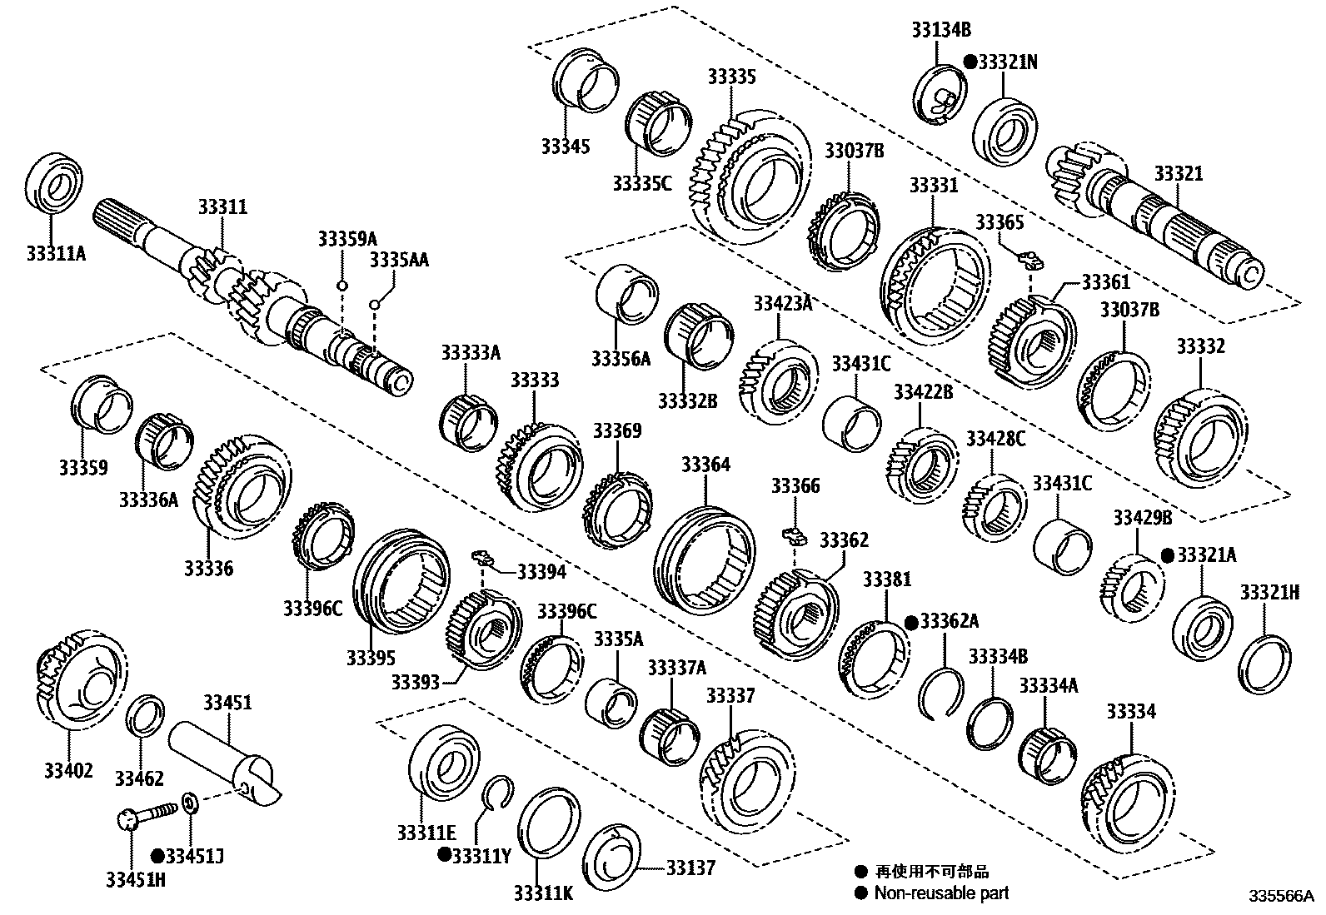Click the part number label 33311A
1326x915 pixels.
click(x=55, y=252)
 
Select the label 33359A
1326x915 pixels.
click(x=346, y=239)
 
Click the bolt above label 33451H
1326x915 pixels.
click(x=146, y=813)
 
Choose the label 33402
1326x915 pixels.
click(x=68, y=770)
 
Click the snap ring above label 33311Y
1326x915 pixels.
click(x=497, y=792)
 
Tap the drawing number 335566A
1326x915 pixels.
click(x=1279, y=898)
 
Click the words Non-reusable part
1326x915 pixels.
click(x=941, y=893)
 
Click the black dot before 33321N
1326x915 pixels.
click(x=970, y=62)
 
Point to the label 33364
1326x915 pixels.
click(x=705, y=465)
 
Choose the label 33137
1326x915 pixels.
click(x=690, y=868)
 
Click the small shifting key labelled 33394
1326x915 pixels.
click(x=481, y=557)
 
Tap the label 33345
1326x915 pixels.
click(x=565, y=147)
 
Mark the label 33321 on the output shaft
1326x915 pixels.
click(x=1178, y=174)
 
